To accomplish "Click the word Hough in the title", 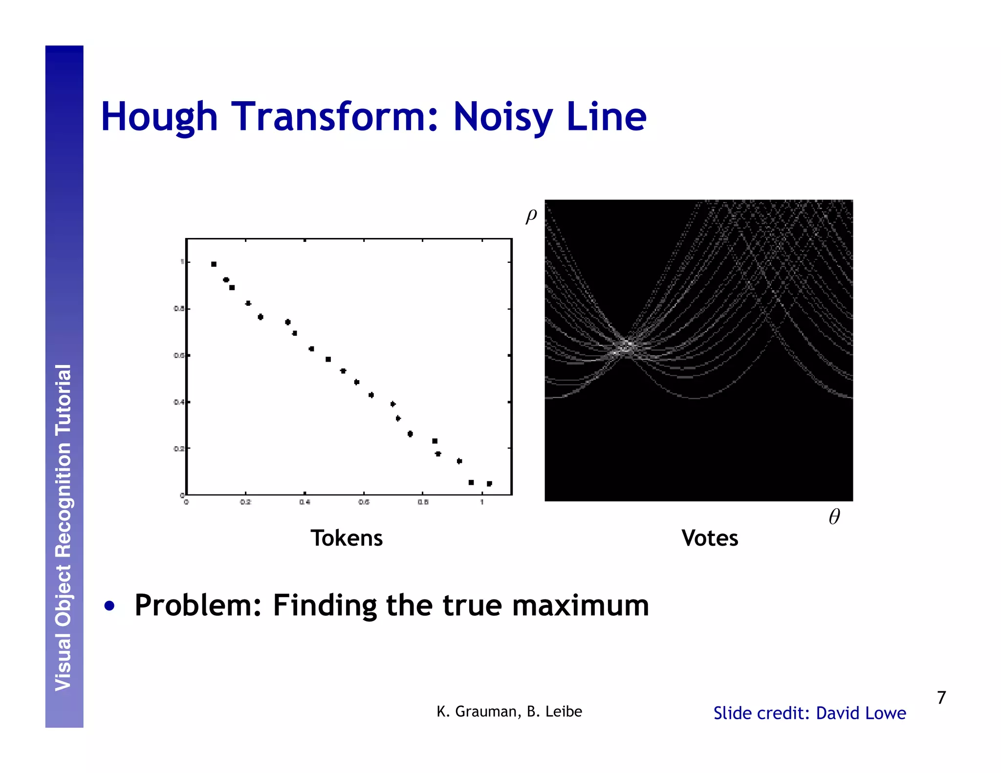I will click(x=159, y=117).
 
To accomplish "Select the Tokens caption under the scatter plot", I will click(x=347, y=538).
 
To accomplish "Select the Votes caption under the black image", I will click(x=710, y=538).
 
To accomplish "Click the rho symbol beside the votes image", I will click(x=531, y=215).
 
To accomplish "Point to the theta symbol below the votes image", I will click(x=834, y=516).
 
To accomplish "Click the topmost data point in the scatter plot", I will click(x=214, y=264).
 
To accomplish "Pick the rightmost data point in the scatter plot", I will click(x=489, y=483).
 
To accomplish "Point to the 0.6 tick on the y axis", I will click(x=179, y=355).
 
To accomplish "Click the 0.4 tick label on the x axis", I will click(x=305, y=502).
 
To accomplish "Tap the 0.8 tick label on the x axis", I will click(x=423, y=502).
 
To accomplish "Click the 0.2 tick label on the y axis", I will click(x=179, y=449).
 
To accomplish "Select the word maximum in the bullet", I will click(x=580, y=605).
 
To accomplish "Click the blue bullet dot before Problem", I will click(x=109, y=606).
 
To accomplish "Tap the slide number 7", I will click(x=941, y=697).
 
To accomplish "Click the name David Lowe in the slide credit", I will click(x=861, y=713).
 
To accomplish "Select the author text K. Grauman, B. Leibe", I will click(x=509, y=711).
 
